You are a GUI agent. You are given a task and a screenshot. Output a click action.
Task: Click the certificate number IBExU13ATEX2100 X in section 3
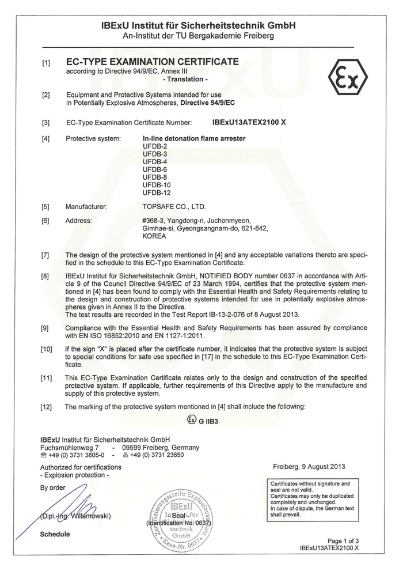[249, 122]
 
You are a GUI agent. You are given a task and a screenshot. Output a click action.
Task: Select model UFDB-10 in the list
[157, 186]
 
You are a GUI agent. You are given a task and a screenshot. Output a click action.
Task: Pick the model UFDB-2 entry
[154, 147]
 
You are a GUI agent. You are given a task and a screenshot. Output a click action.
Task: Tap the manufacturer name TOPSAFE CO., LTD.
[173, 206]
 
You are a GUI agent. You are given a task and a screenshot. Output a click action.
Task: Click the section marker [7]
[45, 255]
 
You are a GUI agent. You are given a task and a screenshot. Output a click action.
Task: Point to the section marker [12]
[46, 407]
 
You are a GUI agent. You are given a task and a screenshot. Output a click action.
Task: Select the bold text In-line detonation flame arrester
[194, 139]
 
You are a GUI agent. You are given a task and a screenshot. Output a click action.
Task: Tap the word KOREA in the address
[154, 236]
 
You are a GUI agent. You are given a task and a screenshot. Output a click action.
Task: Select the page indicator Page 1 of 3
[343, 540]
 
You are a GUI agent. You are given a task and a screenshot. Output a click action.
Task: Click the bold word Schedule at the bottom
[55, 534]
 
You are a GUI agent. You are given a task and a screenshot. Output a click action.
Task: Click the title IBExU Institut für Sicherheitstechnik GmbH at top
[198, 26]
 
